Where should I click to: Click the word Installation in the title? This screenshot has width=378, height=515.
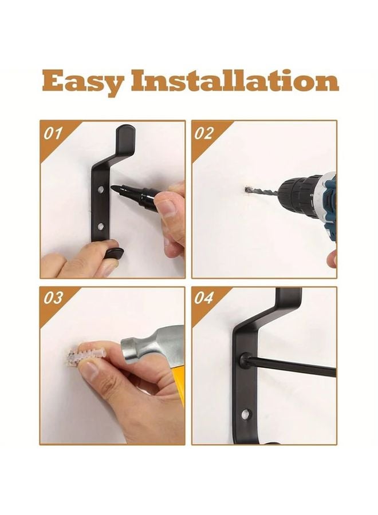[x=235, y=81]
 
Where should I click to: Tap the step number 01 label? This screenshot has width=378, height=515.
[x=53, y=133]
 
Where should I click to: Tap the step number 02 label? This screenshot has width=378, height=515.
[x=204, y=133]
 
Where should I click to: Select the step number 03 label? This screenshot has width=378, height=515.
[x=53, y=299]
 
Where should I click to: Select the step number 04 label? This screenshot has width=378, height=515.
[x=204, y=299]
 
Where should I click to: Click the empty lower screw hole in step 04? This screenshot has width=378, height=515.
[x=247, y=413]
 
